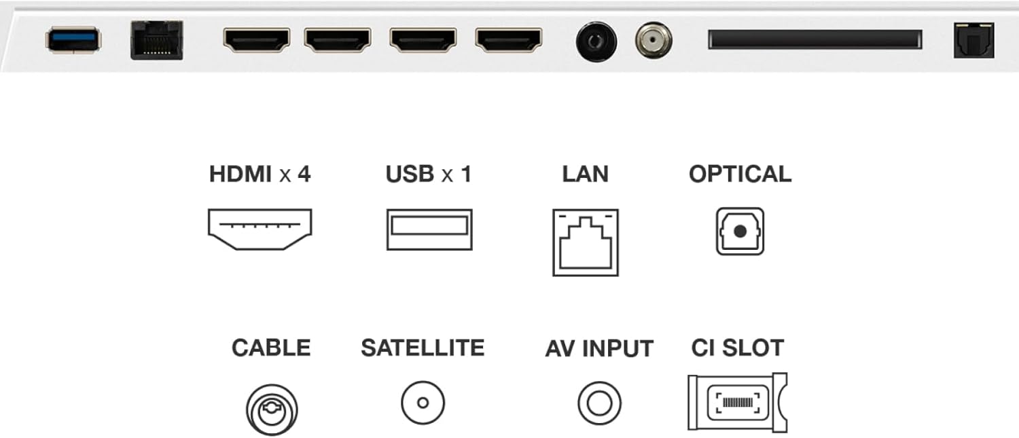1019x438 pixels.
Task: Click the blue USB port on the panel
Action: (x=73, y=40)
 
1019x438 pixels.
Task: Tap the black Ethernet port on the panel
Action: (x=157, y=40)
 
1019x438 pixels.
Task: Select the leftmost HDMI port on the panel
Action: (x=257, y=40)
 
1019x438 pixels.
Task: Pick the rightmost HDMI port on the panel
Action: (x=509, y=40)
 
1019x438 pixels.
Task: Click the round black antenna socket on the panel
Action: (x=596, y=42)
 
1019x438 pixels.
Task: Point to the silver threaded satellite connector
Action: (x=654, y=41)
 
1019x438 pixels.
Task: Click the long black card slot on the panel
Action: (x=815, y=39)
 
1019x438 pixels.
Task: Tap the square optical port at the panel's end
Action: (x=974, y=41)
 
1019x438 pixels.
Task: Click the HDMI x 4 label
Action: (x=260, y=175)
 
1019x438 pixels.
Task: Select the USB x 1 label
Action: (x=429, y=175)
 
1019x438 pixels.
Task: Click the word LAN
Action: (x=586, y=175)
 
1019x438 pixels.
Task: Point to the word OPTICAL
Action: (x=740, y=175)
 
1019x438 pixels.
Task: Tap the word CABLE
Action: (x=271, y=348)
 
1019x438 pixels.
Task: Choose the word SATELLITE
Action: (x=423, y=348)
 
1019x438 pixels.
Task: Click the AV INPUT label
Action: (x=599, y=349)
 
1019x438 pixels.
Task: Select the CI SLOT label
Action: (x=737, y=348)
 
